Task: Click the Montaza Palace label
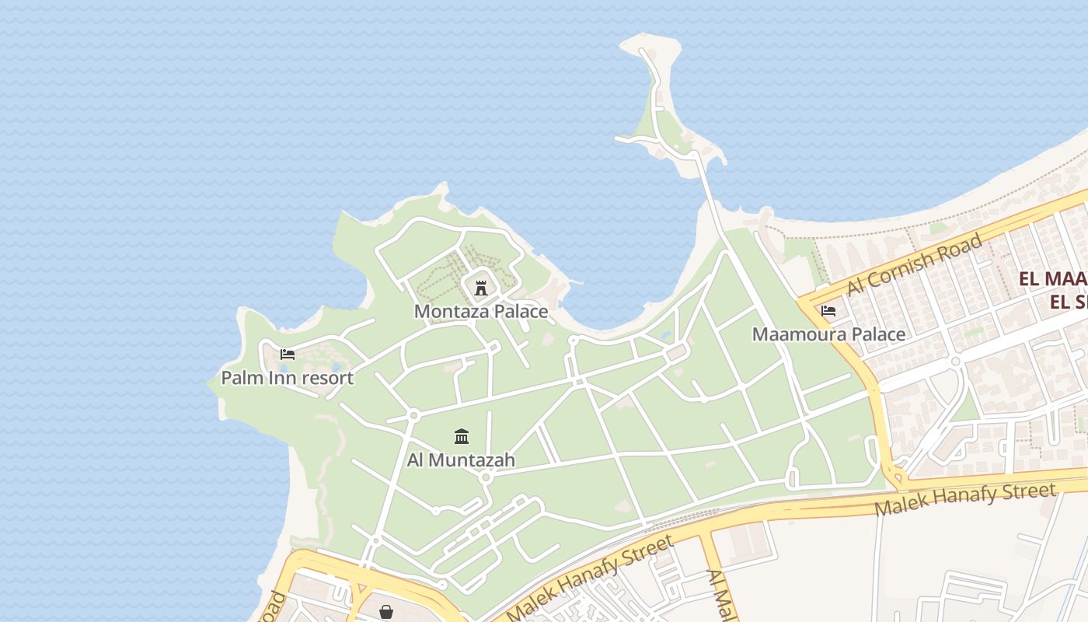[480, 312]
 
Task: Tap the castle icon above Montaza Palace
[481, 288]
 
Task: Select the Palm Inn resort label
[287, 378]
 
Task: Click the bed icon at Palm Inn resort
[287, 355]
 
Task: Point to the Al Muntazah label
[461, 460]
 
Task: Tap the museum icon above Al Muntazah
[462, 436]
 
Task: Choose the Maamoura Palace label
[828, 334]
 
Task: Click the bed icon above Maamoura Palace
[828, 311]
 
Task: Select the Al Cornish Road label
[914, 264]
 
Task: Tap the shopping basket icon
[386, 612]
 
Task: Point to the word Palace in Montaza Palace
[517, 312]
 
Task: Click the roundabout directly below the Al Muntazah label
[486, 477]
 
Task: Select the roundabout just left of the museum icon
[413, 416]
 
